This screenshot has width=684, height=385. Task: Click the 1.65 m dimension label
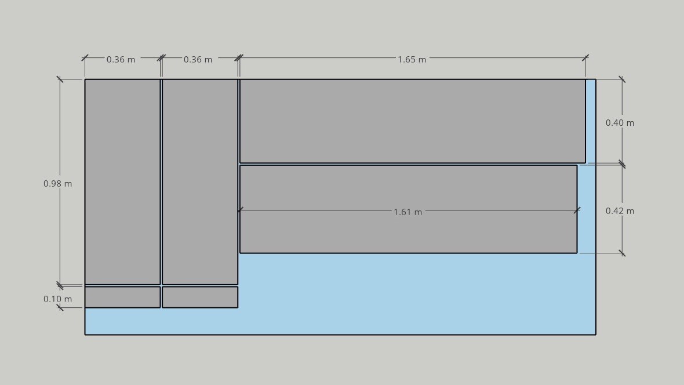pos(412,59)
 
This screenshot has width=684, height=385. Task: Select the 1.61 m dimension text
pos(408,212)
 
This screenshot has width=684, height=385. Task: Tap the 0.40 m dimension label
pos(620,123)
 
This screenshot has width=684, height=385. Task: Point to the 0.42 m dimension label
pos(620,211)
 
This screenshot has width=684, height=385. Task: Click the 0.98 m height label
pos(57,184)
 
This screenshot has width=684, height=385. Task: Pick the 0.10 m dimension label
pos(57,299)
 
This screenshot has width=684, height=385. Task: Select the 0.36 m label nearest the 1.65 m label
pos(198,59)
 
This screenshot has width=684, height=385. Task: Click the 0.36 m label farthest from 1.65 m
pos(121,59)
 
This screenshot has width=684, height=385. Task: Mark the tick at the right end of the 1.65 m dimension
pos(585,57)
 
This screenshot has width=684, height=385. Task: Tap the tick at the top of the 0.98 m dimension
pos(60,79)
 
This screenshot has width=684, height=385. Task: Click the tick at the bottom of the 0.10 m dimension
pos(60,308)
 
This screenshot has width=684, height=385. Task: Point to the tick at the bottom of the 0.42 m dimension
pos(622,253)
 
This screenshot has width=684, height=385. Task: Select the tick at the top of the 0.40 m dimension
pos(622,79)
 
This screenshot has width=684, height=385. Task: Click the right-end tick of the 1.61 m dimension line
pos(577,210)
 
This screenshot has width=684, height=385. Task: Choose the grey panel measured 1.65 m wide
pos(413,121)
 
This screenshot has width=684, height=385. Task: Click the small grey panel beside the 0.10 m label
pos(122,297)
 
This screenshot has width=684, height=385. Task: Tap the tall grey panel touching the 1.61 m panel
pos(200,182)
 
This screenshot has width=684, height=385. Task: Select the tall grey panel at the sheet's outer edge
pos(122,182)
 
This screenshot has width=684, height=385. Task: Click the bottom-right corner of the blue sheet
pos(595,335)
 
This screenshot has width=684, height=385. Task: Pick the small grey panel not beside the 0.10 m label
pos(200,297)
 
